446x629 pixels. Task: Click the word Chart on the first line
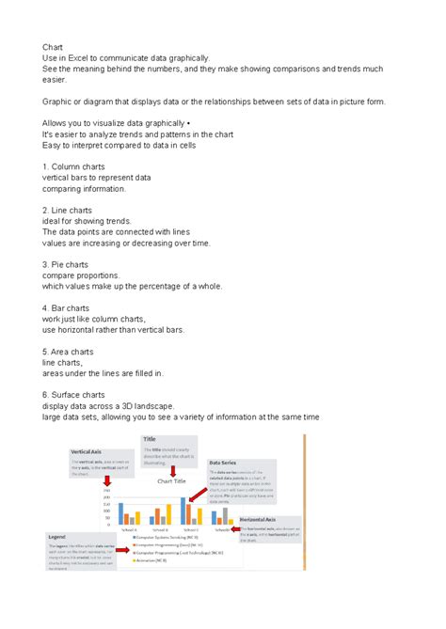click(x=53, y=45)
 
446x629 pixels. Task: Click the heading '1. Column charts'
click(x=78, y=166)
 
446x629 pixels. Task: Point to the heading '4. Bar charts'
click(x=72, y=307)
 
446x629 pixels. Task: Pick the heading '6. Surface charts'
click(x=81, y=394)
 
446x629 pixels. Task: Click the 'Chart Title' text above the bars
click(x=174, y=481)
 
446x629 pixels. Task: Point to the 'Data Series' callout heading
click(x=222, y=464)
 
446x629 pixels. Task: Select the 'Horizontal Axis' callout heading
click(x=258, y=520)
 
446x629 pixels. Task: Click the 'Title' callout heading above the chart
click(x=150, y=439)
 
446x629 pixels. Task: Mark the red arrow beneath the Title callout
click(x=167, y=470)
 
